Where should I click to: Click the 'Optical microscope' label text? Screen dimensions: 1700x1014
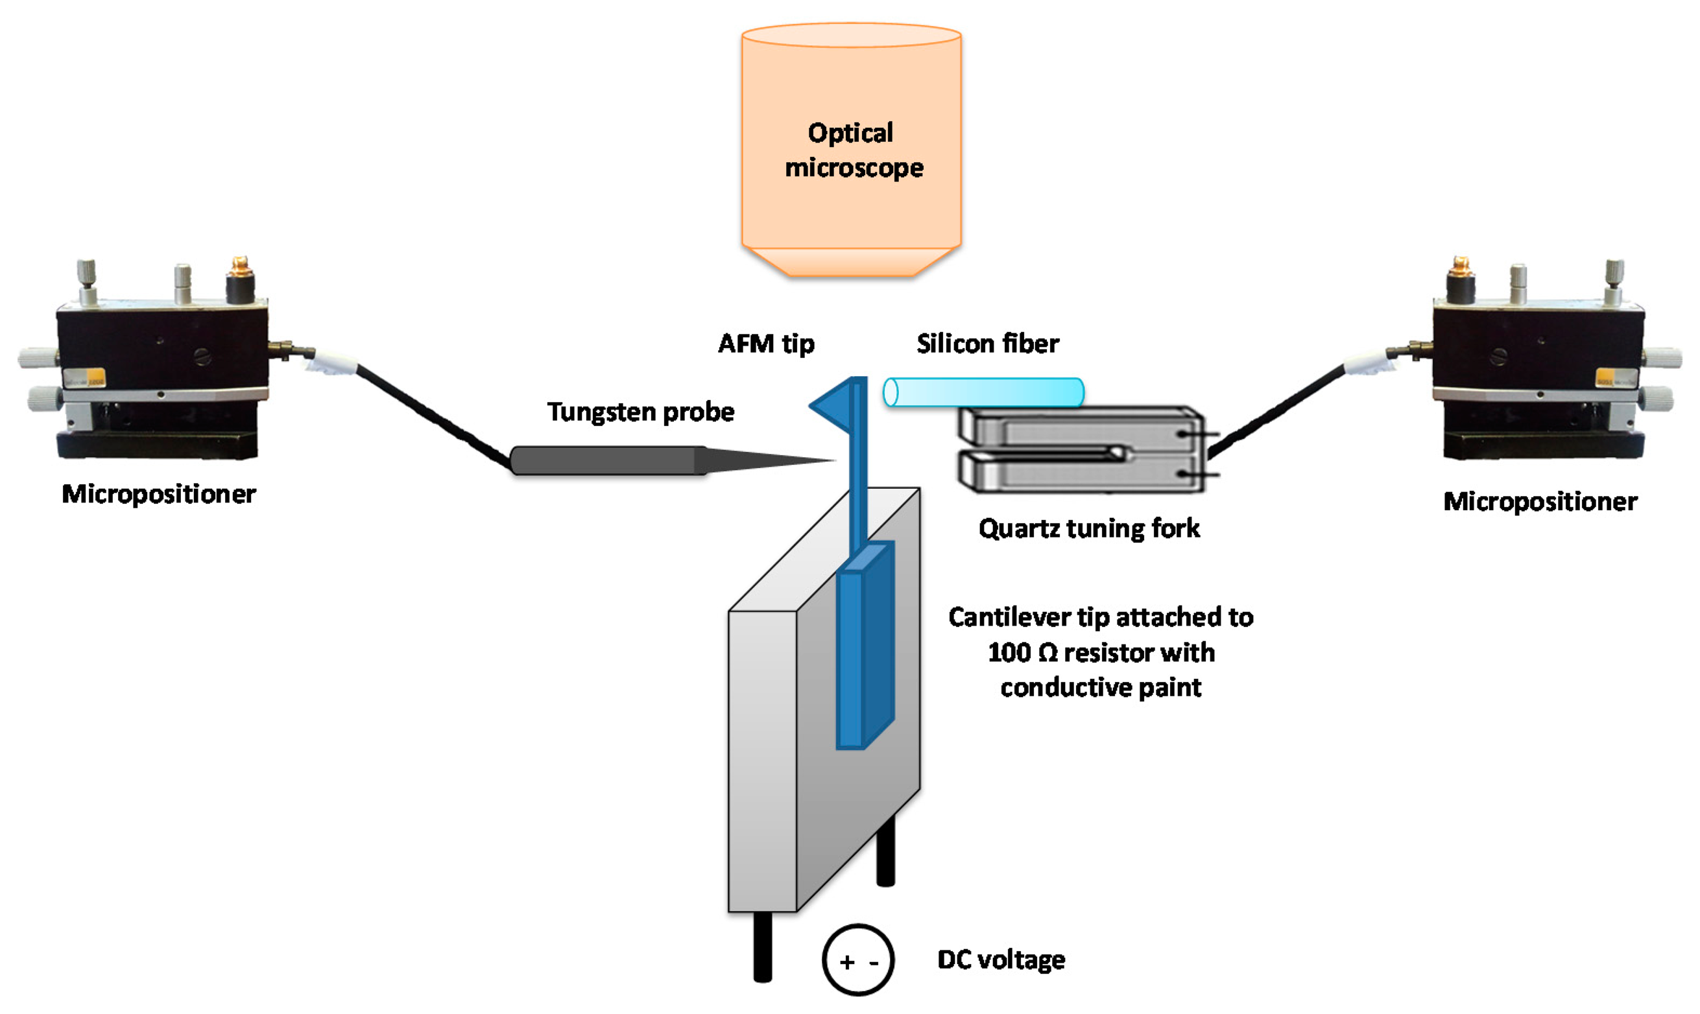click(853, 150)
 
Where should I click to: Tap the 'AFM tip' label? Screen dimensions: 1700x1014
click(766, 343)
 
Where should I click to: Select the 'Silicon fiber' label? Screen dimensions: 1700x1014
click(988, 343)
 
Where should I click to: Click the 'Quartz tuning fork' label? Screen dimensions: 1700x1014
click(1089, 528)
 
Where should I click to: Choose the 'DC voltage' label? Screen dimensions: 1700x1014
click(1001, 960)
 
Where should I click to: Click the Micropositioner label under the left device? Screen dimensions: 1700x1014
click(159, 494)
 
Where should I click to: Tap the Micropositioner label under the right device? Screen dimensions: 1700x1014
click(1540, 502)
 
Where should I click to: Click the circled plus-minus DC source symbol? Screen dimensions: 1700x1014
click(858, 960)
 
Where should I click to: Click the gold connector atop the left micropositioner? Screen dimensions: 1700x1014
click(240, 268)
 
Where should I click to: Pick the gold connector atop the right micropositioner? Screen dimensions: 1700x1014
click(1460, 268)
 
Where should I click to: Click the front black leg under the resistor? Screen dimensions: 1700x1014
click(763, 947)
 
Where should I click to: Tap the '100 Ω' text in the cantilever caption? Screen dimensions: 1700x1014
click(1024, 652)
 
